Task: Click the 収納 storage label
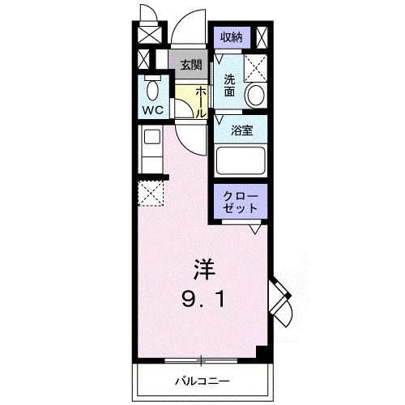(x=231, y=36)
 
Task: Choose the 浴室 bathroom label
(x=241, y=130)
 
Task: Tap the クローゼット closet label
(x=241, y=202)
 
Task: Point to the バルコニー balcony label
(x=202, y=380)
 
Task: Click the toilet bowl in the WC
(x=151, y=87)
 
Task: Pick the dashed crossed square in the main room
(x=151, y=194)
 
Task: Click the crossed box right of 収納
(x=262, y=36)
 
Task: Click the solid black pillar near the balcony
(x=261, y=353)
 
